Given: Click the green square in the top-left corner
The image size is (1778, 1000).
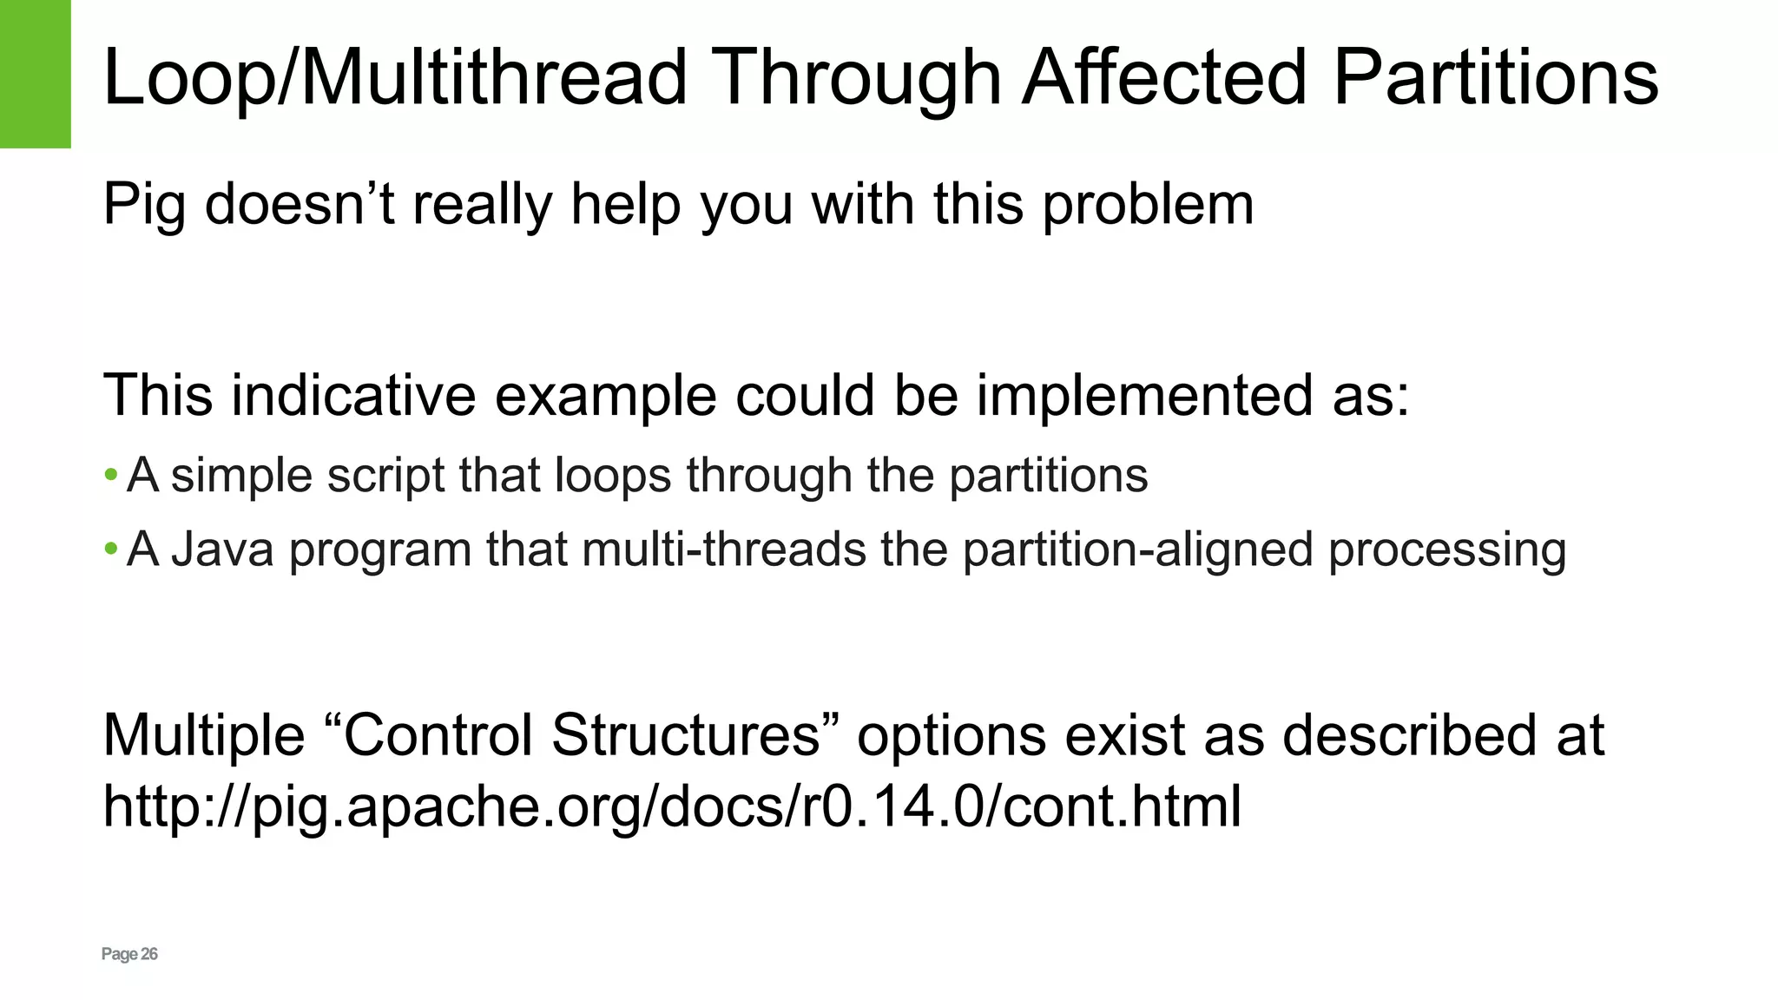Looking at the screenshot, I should click(35, 74).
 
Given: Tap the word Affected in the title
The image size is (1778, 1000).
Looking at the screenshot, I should click(1163, 78).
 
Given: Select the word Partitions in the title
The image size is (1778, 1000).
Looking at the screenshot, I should click(1495, 78).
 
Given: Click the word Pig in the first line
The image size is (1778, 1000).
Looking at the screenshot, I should click(144, 206).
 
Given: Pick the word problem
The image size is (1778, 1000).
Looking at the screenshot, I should click(1148, 206).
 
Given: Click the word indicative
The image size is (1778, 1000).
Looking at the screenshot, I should click(353, 395).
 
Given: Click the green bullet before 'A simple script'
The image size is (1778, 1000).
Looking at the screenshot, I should click(110, 475).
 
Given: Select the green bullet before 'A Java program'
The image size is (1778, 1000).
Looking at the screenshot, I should click(110, 549).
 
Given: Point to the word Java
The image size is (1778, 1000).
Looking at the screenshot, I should click(223, 549).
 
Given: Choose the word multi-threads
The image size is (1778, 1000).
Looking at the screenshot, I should click(724, 549).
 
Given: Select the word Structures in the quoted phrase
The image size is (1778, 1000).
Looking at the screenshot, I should click(686, 734).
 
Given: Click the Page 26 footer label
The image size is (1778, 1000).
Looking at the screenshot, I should click(129, 954).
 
